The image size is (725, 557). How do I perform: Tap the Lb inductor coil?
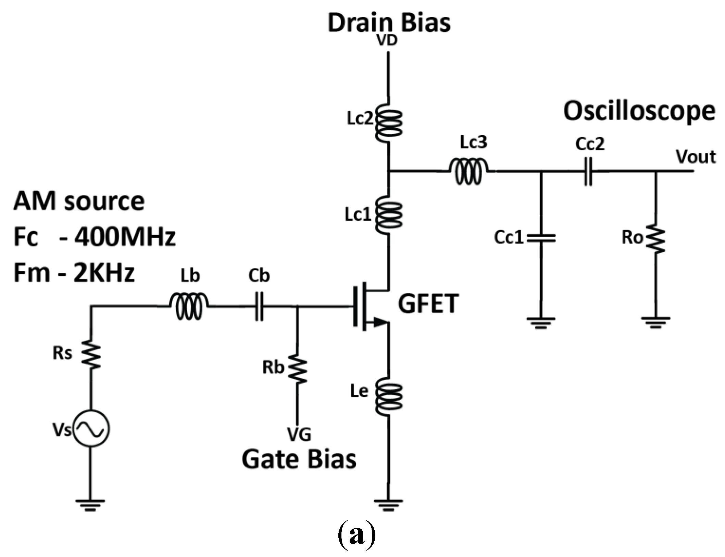(x=188, y=307)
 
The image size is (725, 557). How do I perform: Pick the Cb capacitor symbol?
(x=259, y=307)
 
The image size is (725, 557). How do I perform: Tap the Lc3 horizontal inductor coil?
(x=468, y=171)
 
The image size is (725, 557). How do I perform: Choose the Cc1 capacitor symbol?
(x=541, y=238)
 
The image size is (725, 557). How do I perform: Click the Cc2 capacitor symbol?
(x=588, y=171)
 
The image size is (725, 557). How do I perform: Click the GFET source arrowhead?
(x=380, y=322)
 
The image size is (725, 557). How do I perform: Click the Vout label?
(x=695, y=157)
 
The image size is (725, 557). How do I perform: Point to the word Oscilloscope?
(x=639, y=111)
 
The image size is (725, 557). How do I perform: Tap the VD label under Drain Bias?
(x=387, y=40)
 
